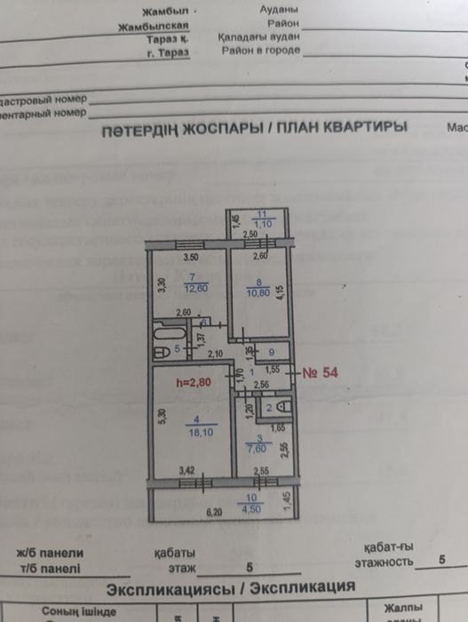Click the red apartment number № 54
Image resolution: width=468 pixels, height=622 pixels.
pos(321,371)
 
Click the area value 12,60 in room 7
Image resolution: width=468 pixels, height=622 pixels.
pos(193,289)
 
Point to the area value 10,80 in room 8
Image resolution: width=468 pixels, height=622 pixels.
pos(258,292)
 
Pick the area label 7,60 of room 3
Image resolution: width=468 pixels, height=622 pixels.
pos(260,449)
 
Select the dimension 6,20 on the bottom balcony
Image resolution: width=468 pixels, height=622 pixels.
pos(214,513)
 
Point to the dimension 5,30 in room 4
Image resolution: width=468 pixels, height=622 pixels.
pos(160,416)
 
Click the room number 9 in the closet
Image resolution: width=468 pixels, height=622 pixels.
pos(273,352)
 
